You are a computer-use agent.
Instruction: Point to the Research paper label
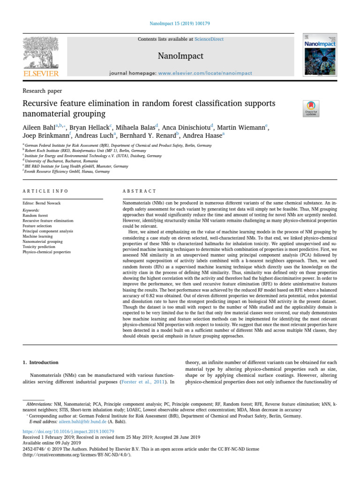[x=42, y=90]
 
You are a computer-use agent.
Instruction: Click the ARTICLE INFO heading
[x=45, y=191]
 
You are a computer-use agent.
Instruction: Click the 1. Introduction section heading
[x=41, y=362]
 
